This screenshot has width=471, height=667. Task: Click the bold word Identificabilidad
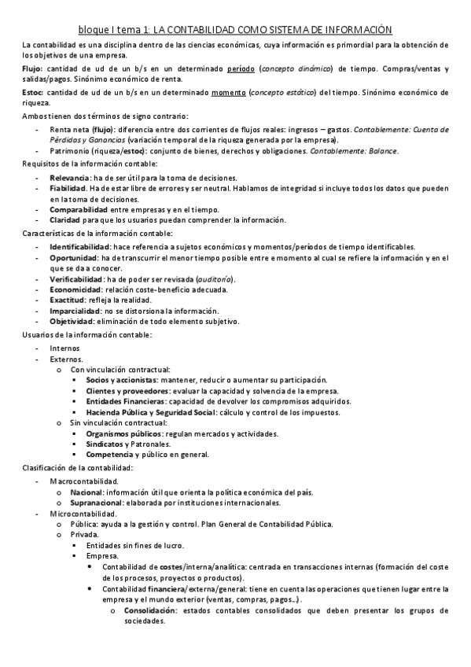(81, 247)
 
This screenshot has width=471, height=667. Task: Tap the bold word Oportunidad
(75, 258)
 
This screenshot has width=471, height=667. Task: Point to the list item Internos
(64, 348)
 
